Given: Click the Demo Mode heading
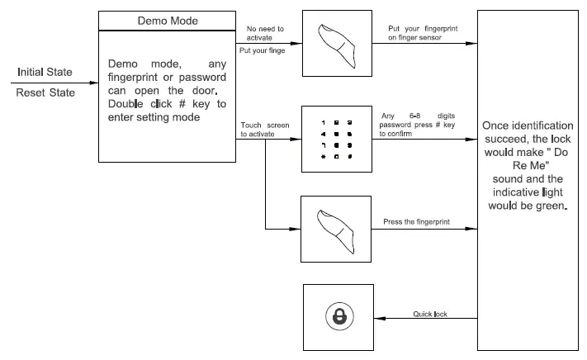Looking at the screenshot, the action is coord(168,21).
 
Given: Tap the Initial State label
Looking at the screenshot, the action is coord(45,72).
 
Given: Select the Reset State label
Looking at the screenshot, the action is coord(45,92).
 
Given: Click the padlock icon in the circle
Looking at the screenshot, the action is coord(339,317).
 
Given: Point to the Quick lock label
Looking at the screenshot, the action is coord(430,314).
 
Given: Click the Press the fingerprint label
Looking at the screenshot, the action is coord(416,221).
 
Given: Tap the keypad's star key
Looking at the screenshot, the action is coord(323,156).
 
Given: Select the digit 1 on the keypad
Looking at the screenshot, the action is coord(324,122).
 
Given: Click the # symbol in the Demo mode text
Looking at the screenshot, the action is coord(182,104).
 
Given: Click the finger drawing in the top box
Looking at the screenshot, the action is coord(337,46).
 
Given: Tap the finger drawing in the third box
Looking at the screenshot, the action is coord(336,232).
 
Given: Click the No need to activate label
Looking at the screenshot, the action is coord(265,33).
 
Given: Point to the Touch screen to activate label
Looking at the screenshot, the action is coord(265,130).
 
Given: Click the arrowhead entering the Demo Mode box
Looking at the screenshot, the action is coord(93,83).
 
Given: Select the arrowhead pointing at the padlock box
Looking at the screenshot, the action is coord(380,319).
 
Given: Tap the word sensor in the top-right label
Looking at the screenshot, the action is coord(429,37).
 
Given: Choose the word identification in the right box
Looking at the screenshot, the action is coord(542,126).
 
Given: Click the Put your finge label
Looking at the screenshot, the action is coord(262,50).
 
